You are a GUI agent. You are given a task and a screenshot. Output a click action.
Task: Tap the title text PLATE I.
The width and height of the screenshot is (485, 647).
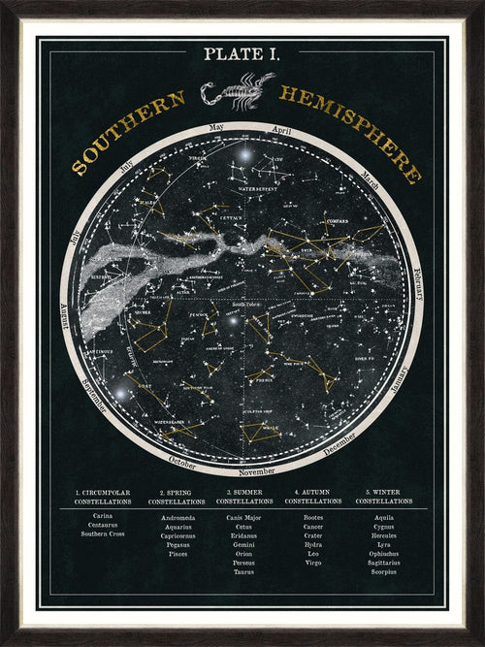(242, 55)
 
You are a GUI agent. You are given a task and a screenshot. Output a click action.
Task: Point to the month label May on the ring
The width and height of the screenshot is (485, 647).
(216, 128)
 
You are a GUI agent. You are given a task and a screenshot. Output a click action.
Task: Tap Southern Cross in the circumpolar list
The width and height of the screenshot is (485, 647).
(102, 534)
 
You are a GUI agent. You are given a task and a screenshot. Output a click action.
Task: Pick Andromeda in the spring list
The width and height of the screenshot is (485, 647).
(175, 517)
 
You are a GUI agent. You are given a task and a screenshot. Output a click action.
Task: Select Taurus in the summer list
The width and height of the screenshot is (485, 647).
(243, 571)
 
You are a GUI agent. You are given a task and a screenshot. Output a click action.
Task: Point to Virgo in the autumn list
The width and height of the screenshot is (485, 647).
(313, 562)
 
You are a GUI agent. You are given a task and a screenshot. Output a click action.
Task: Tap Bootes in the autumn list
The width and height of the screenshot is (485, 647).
(313, 517)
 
